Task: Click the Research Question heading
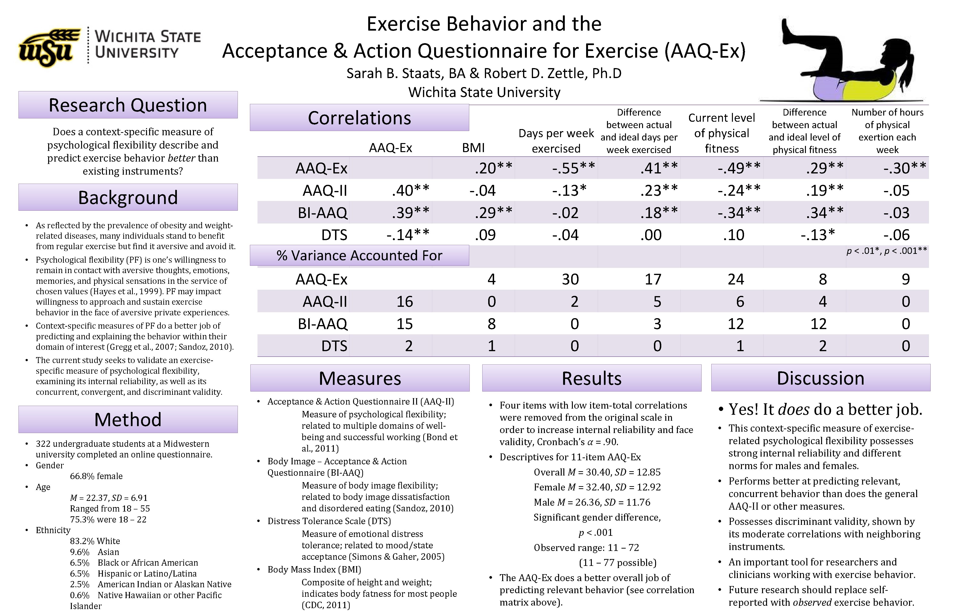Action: tap(128, 105)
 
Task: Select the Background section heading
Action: tap(128, 197)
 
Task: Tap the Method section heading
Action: tap(128, 419)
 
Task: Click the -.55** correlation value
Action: tap(573, 168)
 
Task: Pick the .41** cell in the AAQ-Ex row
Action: tap(659, 168)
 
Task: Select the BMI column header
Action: tap(473, 148)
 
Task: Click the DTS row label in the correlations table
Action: tap(334, 235)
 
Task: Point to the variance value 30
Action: tap(570, 279)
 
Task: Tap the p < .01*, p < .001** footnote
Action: tap(887, 251)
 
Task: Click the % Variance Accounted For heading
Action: tap(359, 256)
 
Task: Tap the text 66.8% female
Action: tap(96, 476)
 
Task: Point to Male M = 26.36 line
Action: tap(592, 502)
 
